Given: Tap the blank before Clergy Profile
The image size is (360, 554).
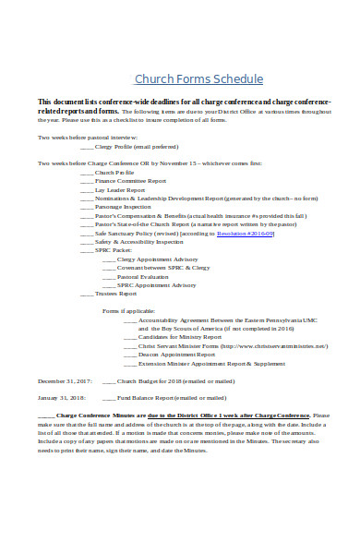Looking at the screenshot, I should click(86, 147).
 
